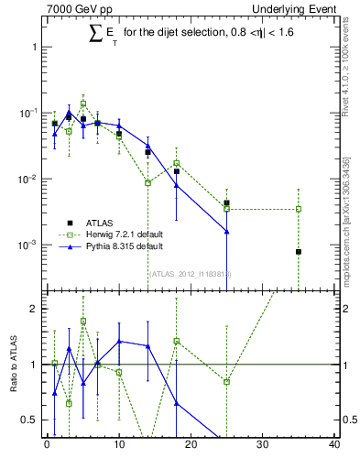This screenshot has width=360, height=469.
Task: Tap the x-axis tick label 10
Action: (119, 446)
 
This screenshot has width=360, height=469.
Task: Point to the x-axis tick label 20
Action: (191, 446)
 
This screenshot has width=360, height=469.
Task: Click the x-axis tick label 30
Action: (263, 446)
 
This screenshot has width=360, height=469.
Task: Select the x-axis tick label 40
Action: (334, 446)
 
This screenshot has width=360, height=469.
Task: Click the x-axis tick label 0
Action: (47, 446)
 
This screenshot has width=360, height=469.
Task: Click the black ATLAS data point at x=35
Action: (299, 252)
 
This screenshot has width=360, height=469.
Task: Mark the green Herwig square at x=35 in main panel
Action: (299, 209)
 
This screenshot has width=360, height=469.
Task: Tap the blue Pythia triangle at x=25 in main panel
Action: (226, 232)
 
